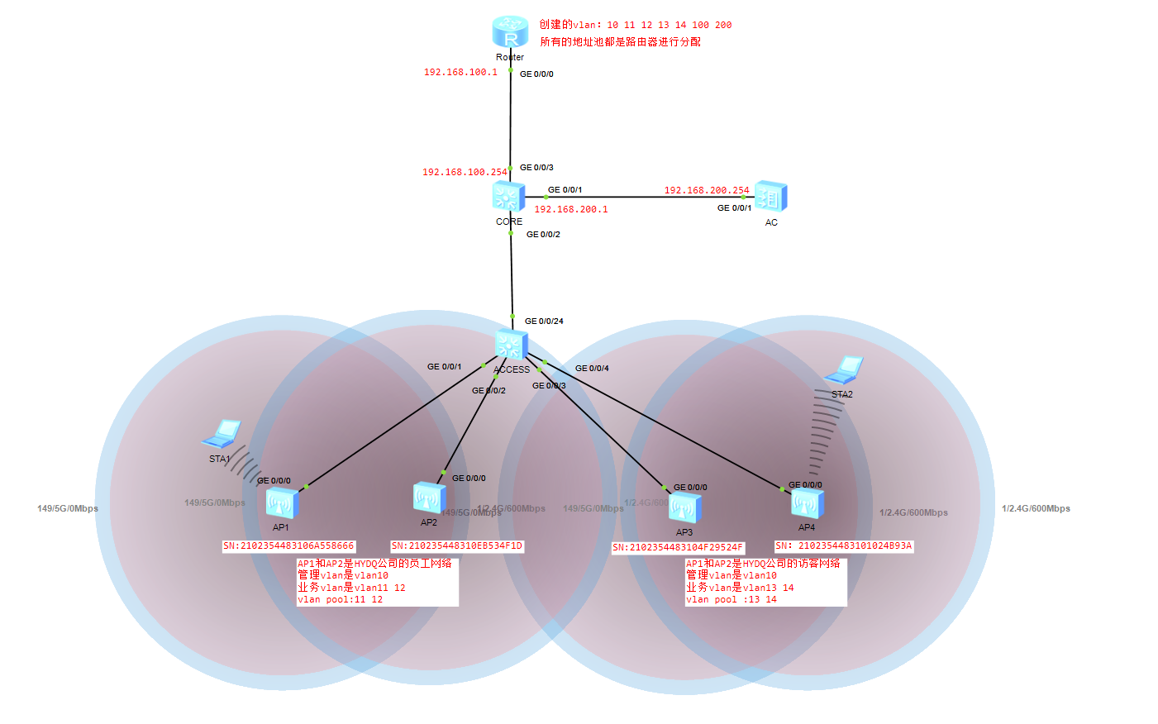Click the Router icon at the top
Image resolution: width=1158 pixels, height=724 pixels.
coord(510,33)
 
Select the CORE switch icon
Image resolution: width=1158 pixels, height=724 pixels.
coord(508,197)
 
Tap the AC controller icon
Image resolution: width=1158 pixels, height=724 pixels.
coord(770,198)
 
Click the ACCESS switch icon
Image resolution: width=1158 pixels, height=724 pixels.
coord(511,345)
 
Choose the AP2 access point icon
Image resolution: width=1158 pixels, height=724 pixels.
coord(429,498)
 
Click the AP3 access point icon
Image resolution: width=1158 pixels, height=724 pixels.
coord(685,507)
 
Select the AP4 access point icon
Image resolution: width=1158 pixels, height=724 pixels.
coord(807,503)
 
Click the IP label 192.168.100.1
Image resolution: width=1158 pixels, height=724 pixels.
coord(460,73)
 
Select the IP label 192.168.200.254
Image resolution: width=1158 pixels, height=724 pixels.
coord(707,190)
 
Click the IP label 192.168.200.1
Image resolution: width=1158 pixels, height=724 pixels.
coord(570,210)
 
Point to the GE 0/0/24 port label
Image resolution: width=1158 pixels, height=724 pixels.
coord(544,322)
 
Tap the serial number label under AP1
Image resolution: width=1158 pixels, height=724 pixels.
coord(288,546)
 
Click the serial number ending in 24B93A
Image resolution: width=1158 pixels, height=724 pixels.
coord(843,546)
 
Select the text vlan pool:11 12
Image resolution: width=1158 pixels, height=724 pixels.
coord(340,600)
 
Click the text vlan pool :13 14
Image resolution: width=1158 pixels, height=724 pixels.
coord(731,600)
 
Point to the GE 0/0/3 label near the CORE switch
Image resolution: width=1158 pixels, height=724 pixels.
coord(536,168)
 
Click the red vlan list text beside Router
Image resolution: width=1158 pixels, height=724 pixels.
coord(635,25)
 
